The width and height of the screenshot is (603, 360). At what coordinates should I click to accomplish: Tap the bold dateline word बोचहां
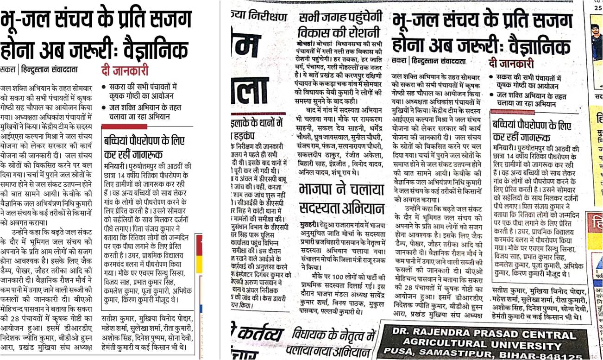306,43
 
